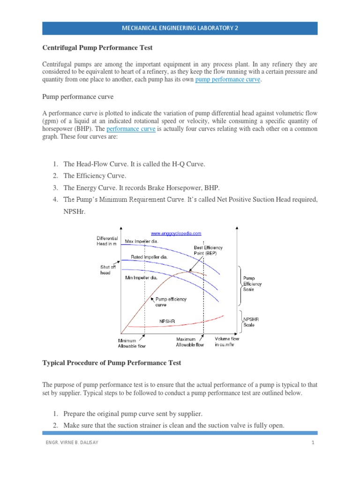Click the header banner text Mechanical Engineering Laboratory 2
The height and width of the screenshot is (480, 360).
180,28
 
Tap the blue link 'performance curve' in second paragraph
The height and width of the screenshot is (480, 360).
131,128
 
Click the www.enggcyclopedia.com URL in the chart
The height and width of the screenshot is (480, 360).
176,233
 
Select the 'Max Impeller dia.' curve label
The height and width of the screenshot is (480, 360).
141,241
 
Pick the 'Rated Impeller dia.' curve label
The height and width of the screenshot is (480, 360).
146,257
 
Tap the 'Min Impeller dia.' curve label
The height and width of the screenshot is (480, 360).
141,278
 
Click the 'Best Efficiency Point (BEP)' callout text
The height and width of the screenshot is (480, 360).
208,250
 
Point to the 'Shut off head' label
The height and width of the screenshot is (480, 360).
105,270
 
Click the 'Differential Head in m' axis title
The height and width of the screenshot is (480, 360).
107,241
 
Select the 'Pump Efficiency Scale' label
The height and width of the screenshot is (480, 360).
252,284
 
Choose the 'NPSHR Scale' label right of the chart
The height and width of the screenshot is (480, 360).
249,322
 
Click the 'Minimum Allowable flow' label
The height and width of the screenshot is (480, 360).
132,343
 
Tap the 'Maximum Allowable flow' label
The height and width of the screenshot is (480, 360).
190,342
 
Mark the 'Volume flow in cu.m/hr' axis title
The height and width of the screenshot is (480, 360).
227,342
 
